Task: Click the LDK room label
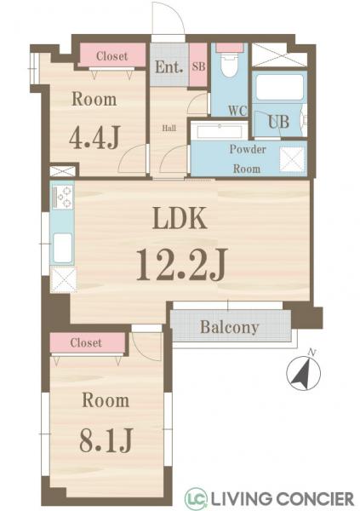(180, 218)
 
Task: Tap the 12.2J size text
(181, 264)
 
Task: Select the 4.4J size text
(94, 137)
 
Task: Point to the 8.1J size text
(106, 440)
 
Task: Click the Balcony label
(230, 327)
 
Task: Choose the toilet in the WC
(229, 65)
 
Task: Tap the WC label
(237, 111)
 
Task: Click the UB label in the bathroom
(279, 122)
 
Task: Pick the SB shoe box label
(199, 66)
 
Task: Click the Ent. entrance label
(169, 67)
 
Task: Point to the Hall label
(169, 128)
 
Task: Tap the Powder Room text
(248, 159)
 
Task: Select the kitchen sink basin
(62, 248)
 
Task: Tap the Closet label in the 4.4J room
(111, 56)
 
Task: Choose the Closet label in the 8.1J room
(86, 343)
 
